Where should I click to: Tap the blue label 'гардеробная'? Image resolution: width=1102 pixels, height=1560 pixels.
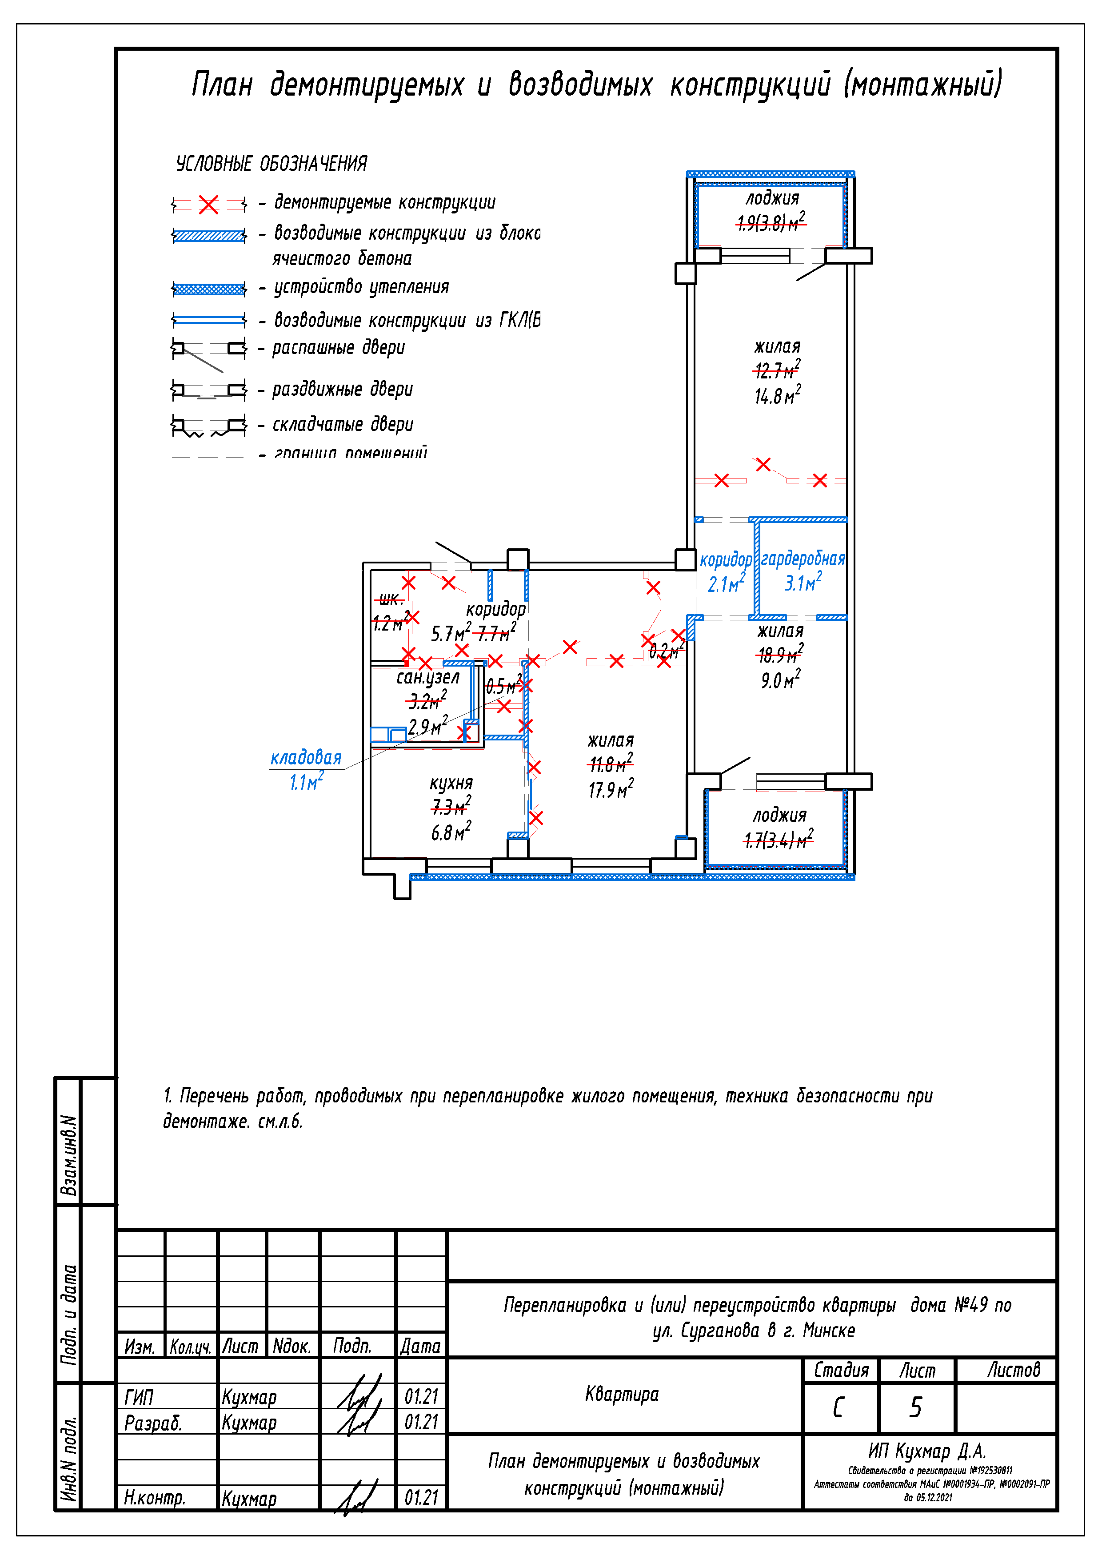click(803, 559)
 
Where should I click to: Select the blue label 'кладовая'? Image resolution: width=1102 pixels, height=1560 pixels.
click(306, 758)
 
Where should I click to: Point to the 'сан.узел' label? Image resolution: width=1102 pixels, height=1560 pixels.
click(428, 677)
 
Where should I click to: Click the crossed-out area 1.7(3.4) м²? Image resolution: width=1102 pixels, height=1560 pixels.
click(778, 841)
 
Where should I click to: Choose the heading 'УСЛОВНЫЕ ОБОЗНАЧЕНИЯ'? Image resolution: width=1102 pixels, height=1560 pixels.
click(272, 164)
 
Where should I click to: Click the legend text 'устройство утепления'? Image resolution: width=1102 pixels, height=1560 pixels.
click(361, 287)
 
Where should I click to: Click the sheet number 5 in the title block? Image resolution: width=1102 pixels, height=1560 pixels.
click(916, 1407)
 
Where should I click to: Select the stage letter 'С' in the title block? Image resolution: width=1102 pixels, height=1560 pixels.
click(838, 1407)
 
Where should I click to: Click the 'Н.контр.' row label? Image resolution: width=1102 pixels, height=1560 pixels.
click(154, 1497)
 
